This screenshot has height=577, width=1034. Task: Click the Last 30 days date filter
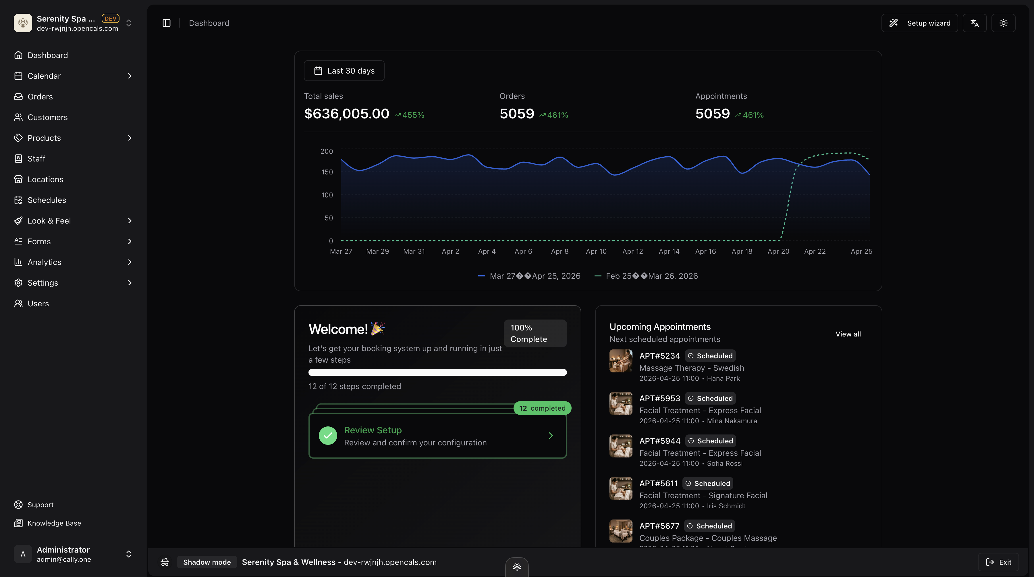pyautogui.click(x=344, y=71)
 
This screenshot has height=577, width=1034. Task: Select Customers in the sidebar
pyautogui.click(x=47, y=117)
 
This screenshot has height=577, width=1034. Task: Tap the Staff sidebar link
pyautogui.click(x=36, y=159)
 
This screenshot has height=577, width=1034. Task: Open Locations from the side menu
pyautogui.click(x=45, y=179)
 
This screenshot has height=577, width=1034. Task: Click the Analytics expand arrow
pyautogui.click(x=129, y=262)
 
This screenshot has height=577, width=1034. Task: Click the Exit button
pyautogui.click(x=998, y=562)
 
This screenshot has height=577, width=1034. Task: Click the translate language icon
pyautogui.click(x=975, y=23)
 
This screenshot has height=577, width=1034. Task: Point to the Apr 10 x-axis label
pyautogui.click(x=596, y=251)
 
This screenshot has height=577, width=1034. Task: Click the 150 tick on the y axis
pyautogui.click(x=327, y=172)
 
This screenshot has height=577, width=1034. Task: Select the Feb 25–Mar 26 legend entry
pyautogui.click(x=646, y=276)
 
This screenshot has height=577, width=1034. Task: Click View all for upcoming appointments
pyautogui.click(x=848, y=334)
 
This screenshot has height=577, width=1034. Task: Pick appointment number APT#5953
pyautogui.click(x=659, y=398)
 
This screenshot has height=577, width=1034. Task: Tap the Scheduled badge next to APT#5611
pyautogui.click(x=709, y=483)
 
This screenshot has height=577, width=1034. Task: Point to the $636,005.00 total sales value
pyautogui.click(x=346, y=114)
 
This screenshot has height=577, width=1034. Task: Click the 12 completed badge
pyautogui.click(x=542, y=408)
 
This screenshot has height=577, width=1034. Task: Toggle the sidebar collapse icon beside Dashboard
pyautogui.click(x=167, y=23)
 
